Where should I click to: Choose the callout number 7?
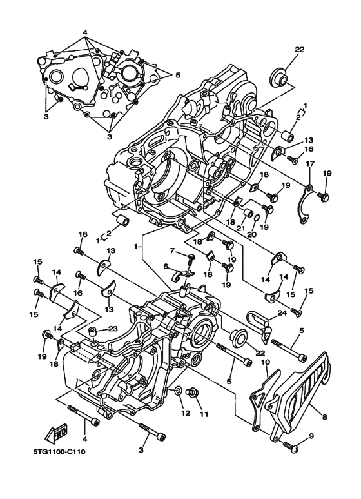[172, 250]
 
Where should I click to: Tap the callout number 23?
[113, 329]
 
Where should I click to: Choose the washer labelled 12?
[177, 391]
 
